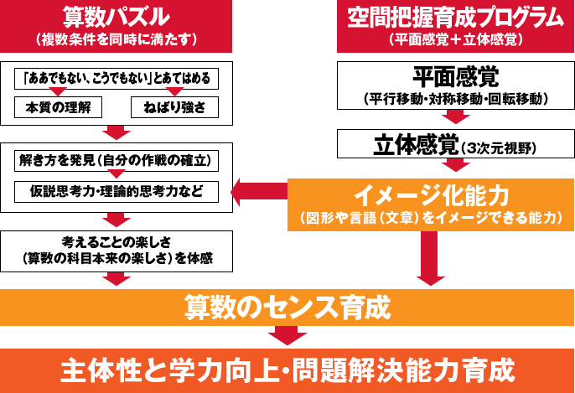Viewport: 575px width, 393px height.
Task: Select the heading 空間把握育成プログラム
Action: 455,17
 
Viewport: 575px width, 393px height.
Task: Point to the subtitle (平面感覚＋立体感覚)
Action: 456,39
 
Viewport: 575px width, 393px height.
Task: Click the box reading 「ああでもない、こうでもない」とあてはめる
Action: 117,80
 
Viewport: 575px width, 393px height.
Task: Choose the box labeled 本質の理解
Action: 58,107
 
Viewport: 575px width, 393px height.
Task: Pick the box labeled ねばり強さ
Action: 175,107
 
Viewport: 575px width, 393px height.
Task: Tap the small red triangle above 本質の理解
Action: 58,92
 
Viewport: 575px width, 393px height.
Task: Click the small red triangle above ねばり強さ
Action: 175,92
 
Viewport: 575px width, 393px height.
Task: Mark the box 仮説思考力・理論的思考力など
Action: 117,191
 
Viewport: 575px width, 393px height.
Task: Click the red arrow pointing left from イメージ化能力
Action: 245,192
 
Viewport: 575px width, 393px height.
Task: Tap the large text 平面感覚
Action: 456,78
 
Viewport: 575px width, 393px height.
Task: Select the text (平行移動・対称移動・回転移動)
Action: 456,99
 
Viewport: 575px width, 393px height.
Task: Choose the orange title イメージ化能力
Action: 431,195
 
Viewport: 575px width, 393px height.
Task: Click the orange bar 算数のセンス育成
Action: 287,307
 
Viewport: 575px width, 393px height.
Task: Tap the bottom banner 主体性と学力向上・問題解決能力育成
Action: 287,369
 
